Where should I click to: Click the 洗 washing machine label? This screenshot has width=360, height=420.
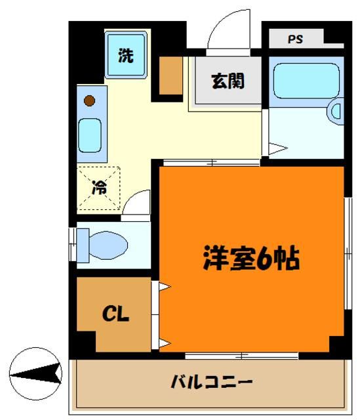tap(125, 56)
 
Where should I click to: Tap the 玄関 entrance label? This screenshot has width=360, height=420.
tap(227, 81)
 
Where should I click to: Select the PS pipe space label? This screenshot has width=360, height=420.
tap(295, 39)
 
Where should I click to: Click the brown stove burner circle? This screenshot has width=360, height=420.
tap(90, 101)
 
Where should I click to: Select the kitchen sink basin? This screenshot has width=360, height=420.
tap(90, 135)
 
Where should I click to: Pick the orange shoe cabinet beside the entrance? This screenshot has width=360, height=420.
tap(172, 76)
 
